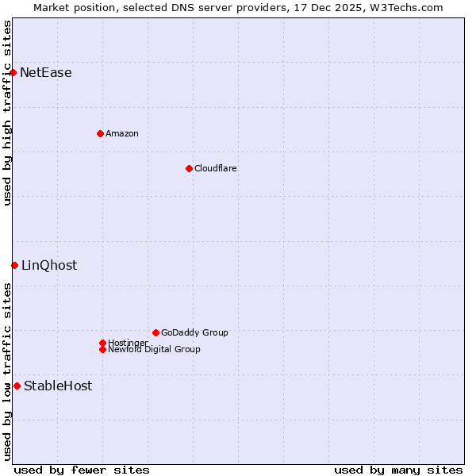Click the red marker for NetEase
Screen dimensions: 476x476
click(x=13, y=73)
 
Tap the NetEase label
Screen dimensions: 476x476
click(x=46, y=73)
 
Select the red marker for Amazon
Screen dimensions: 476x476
click(x=100, y=133)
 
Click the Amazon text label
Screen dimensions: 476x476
click(x=122, y=133)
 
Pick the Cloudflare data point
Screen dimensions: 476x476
click(x=189, y=168)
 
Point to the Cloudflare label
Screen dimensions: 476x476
click(x=216, y=168)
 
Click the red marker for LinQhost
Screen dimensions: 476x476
click(x=14, y=265)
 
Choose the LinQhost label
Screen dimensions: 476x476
click(x=49, y=266)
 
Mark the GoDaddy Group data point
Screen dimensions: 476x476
click(x=155, y=332)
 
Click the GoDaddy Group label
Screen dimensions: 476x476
click(x=194, y=332)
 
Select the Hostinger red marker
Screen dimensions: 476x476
click(x=102, y=343)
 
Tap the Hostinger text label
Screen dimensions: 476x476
click(x=129, y=343)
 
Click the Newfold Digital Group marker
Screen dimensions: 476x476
click(x=102, y=349)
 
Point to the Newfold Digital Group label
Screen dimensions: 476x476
click(x=155, y=350)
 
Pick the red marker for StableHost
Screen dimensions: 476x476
click(x=17, y=386)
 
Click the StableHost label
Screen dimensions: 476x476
click(x=58, y=386)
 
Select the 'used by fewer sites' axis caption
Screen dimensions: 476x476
click(x=82, y=470)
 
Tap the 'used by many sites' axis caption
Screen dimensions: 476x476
click(x=398, y=470)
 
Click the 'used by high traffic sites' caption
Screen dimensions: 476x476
click(x=7, y=113)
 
